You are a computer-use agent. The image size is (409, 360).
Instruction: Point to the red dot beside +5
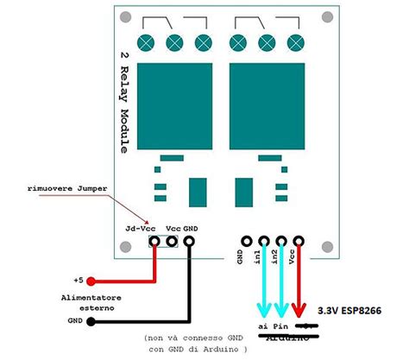pos(91,281)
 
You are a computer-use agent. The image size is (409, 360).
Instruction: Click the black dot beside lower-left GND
pos(91,320)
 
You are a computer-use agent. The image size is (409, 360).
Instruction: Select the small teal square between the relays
pos(200,189)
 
